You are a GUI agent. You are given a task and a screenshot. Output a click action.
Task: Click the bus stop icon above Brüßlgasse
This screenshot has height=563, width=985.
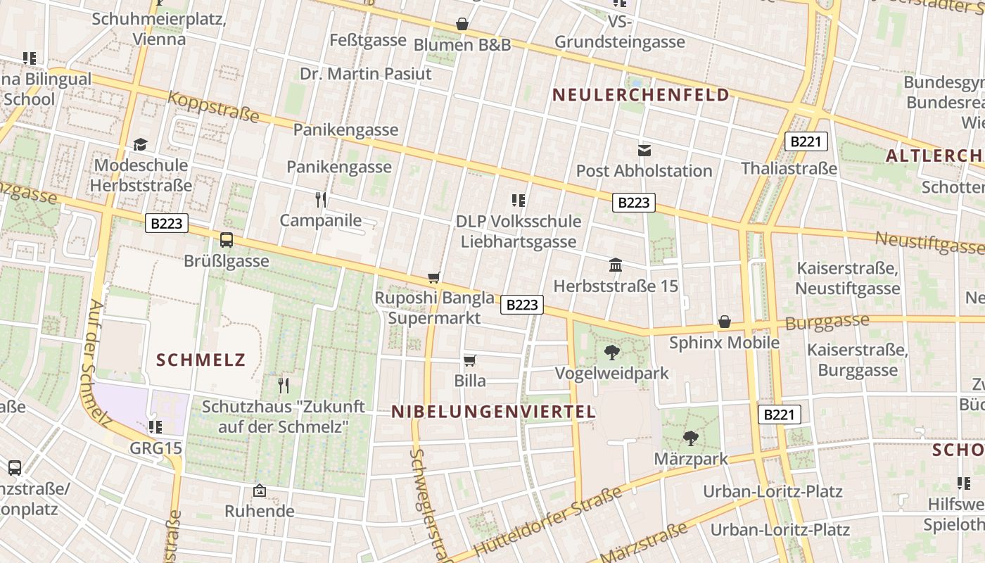pyautogui.click(x=227, y=240)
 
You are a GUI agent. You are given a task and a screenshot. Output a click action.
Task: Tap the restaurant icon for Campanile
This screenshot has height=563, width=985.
pyautogui.click(x=321, y=200)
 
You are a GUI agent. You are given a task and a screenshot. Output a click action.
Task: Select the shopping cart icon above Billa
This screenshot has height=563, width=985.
pyautogui.click(x=470, y=360)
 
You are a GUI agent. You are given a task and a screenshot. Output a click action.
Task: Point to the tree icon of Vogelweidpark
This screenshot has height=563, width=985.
pyautogui.click(x=612, y=353)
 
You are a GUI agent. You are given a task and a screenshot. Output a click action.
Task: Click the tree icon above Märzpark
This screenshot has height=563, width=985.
pyautogui.click(x=691, y=438)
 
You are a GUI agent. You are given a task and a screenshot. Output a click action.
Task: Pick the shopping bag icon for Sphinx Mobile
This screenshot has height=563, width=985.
pyautogui.click(x=725, y=322)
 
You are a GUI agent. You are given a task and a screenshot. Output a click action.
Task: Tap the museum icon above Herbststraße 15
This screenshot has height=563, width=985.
pyautogui.click(x=616, y=265)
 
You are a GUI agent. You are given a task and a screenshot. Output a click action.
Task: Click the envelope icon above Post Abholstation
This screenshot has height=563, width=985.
pyautogui.click(x=644, y=150)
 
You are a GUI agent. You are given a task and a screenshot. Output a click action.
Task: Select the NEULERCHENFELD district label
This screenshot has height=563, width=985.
pyautogui.click(x=640, y=95)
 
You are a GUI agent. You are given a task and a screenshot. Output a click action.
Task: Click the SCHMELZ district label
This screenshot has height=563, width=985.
pyautogui.click(x=201, y=361)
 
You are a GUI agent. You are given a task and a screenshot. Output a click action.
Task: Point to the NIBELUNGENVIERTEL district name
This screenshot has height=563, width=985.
pyautogui.click(x=493, y=412)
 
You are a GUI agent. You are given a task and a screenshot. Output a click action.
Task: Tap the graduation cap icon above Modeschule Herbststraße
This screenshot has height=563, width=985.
pyautogui.click(x=141, y=145)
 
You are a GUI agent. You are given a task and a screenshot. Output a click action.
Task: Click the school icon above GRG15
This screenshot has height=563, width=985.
pyautogui.click(x=155, y=426)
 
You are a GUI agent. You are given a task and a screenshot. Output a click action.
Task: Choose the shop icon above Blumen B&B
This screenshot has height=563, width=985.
pyautogui.click(x=462, y=25)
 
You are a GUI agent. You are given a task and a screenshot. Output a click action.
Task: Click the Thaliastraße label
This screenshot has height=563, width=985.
pyautogui.click(x=789, y=169)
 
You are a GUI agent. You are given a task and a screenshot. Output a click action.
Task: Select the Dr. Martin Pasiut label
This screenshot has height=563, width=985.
pyautogui.click(x=365, y=74)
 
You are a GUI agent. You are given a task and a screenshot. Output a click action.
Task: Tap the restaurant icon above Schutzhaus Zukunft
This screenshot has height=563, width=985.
pyautogui.click(x=283, y=385)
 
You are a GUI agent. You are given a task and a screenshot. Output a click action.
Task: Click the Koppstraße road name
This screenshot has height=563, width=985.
pyautogui.click(x=213, y=108)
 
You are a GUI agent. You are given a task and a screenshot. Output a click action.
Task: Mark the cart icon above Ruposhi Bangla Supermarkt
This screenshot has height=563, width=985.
pyautogui.click(x=434, y=278)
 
